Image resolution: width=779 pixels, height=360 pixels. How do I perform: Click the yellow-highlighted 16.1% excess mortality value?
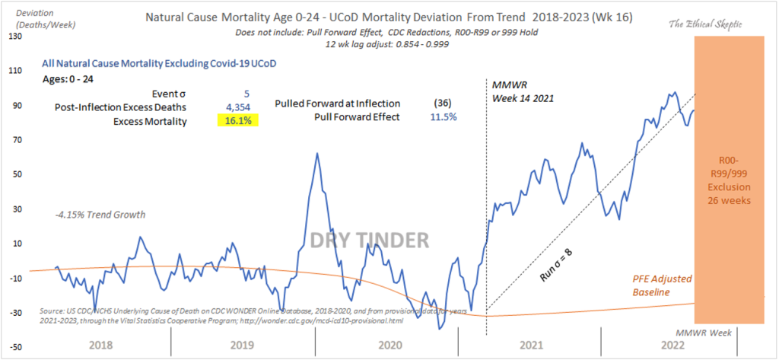coord(237,120)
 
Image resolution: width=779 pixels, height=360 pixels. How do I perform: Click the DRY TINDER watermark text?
coord(370,241)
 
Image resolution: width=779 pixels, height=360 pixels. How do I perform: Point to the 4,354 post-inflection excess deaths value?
coord(244,107)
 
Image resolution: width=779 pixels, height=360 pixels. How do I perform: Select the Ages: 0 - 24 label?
coord(68,78)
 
